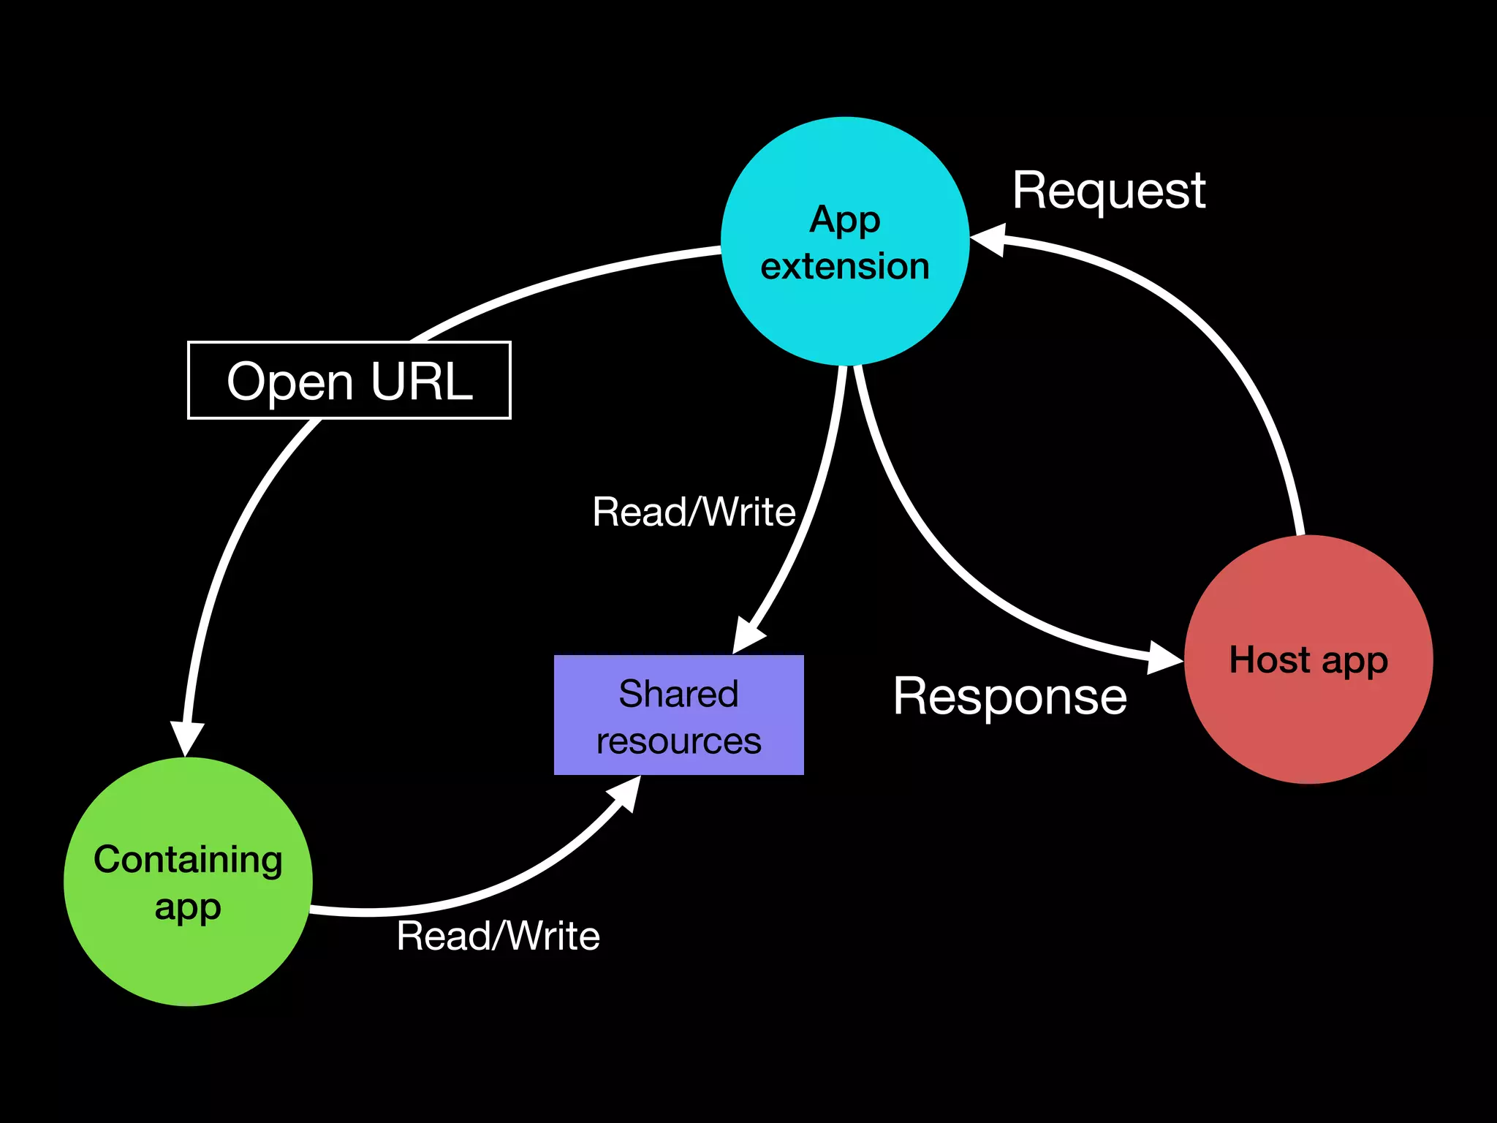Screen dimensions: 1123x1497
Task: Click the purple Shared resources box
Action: (x=678, y=716)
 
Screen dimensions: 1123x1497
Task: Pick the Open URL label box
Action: (x=349, y=380)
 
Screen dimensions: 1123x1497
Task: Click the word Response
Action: (x=1009, y=696)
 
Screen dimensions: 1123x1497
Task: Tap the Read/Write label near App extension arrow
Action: (x=694, y=511)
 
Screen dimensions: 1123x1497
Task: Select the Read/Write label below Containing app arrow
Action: (x=498, y=936)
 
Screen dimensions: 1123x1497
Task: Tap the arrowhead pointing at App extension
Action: (x=989, y=239)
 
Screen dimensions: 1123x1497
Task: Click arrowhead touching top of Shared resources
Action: (x=748, y=635)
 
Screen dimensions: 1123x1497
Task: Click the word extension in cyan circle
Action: (x=844, y=266)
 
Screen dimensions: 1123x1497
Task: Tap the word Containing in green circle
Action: (x=188, y=860)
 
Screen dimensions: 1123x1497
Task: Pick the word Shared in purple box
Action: (x=678, y=693)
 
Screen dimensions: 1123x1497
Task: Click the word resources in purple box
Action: (x=678, y=741)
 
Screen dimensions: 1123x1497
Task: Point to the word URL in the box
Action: (x=421, y=381)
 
